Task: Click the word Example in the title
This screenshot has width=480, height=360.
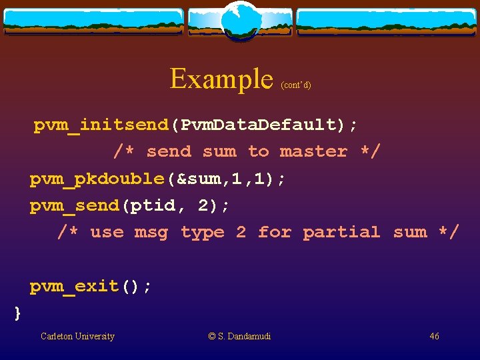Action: (221, 79)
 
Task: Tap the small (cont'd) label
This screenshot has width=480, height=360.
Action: (296, 85)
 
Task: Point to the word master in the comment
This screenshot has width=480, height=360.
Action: (313, 151)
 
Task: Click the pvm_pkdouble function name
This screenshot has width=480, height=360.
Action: (97, 179)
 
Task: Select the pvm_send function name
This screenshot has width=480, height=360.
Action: (75, 205)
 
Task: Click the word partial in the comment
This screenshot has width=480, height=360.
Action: (341, 232)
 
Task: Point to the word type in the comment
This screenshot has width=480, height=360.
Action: (203, 232)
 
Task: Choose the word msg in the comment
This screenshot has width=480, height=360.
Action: (151, 232)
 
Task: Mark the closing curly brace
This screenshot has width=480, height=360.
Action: (18, 312)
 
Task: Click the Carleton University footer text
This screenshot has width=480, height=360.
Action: (77, 336)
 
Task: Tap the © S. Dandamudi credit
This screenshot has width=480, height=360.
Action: (240, 336)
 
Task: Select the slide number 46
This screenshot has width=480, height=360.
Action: (434, 336)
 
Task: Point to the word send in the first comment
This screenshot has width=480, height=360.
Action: (169, 151)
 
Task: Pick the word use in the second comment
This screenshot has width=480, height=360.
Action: (107, 232)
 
